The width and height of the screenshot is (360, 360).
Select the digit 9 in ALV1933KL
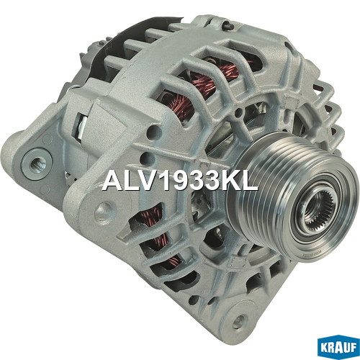(x=176, y=181)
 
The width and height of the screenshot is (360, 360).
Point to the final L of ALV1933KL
(x=250, y=181)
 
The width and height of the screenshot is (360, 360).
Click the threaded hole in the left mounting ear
(x=37, y=164)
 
